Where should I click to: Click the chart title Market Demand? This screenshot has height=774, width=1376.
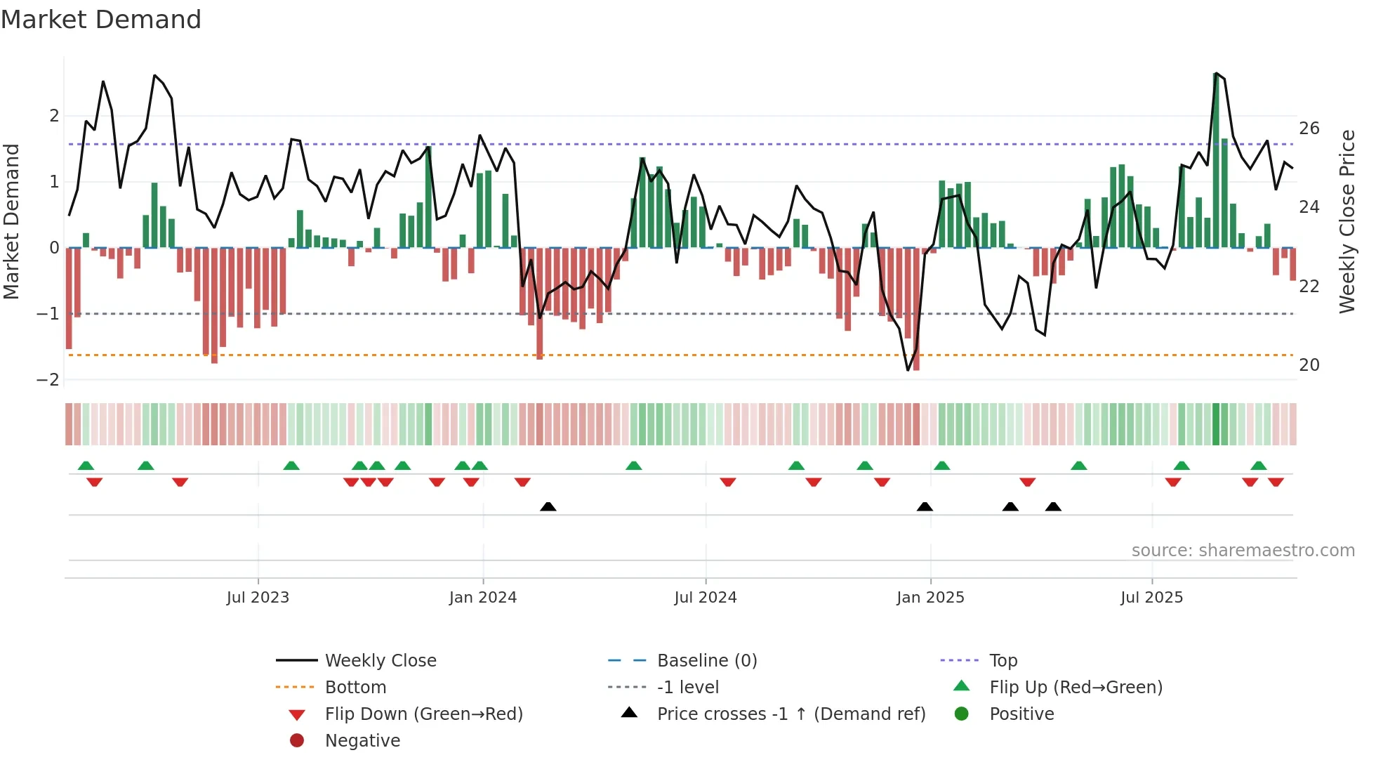pyautogui.click(x=101, y=20)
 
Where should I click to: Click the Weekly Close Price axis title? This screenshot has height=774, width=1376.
pyautogui.click(x=1347, y=221)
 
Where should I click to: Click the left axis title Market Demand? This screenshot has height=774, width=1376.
pyautogui.click(x=11, y=221)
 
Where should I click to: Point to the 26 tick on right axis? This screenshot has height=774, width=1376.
pyautogui.click(x=1309, y=129)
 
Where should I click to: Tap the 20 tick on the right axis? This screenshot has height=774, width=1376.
pyautogui.click(x=1309, y=365)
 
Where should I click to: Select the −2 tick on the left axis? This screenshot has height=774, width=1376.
pyautogui.click(x=48, y=380)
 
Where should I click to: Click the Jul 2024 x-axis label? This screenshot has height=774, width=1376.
pyautogui.click(x=705, y=598)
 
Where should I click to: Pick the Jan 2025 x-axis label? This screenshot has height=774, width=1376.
pyautogui.click(x=930, y=598)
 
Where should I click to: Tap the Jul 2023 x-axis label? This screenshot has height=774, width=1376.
pyautogui.click(x=258, y=598)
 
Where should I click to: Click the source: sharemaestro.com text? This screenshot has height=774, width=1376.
pyautogui.click(x=1243, y=551)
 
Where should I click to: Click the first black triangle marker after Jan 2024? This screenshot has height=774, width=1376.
pyautogui.click(x=548, y=506)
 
